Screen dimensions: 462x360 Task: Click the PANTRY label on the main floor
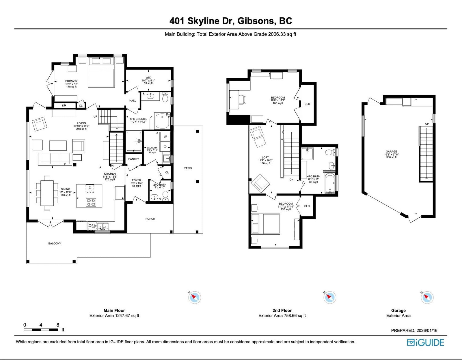pyautogui.click(x=133, y=159)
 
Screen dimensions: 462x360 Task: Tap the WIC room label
pyautogui.click(x=148, y=78)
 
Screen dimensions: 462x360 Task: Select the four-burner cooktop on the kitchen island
pyautogui.click(x=91, y=202)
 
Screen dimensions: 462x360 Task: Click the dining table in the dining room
pyautogui.click(x=47, y=193)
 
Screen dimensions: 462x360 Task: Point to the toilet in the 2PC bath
pyautogui.click(x=165, y=196)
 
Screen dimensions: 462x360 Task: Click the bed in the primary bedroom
pyautogui.click(x=101, y=72)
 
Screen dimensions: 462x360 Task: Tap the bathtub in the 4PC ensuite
pyautogui.click(x=162, y=120)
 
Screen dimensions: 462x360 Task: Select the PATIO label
pyautogui.click(x=188, y=168)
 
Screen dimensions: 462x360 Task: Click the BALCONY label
pyautogui.click(x=55, y=243)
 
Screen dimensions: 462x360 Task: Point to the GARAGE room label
pyautogui.click(x=392, y=152)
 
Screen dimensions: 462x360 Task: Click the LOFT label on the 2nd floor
pyautogui.click(x=265, y=157)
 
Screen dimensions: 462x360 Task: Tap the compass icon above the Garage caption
pyautogui.click(x=427, y=297)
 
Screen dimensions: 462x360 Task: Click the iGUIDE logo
pyautogui.click(x=426, y=343)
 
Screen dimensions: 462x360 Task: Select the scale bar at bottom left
pyautogui.click(x=41, y=330)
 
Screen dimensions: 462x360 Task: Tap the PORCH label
pyautogui.click(x=150, y=219)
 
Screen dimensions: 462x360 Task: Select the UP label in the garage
pyautogui.click(x=427, y=124)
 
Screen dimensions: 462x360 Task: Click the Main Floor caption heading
pyautogui.click(x=114, y=310)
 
